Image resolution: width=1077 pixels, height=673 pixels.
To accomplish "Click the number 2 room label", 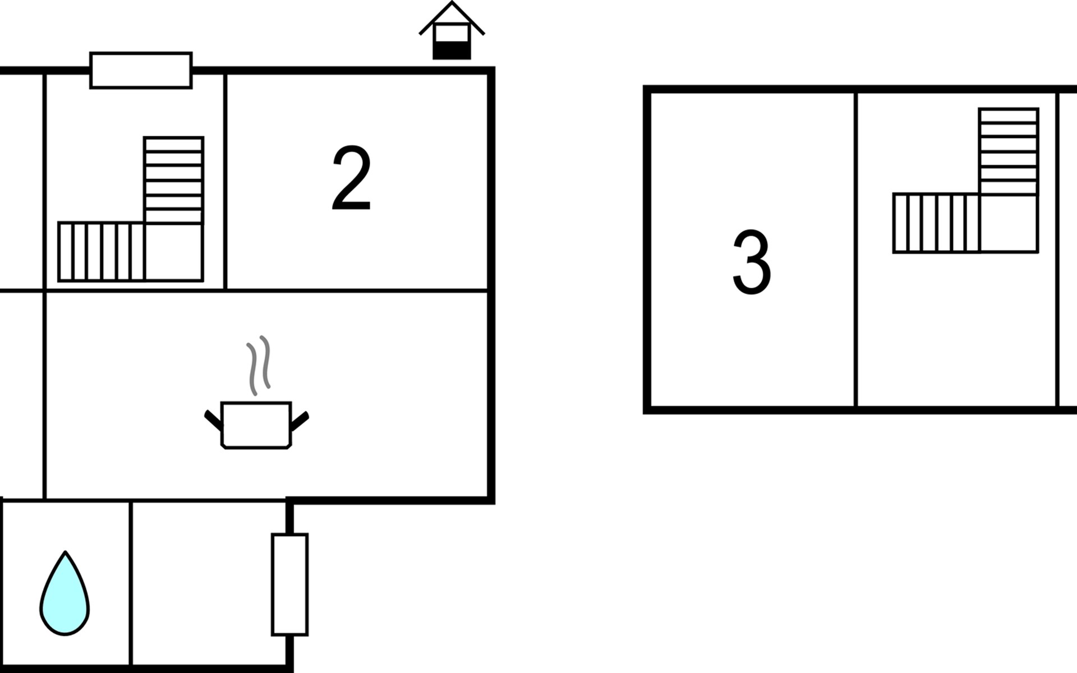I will [352, 178].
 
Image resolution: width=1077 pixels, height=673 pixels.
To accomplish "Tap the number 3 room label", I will [752, 262].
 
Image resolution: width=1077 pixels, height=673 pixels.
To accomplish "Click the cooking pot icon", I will [256, 425].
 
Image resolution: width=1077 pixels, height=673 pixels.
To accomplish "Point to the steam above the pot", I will [259, 365].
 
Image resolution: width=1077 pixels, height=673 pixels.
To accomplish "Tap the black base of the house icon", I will [452, 50].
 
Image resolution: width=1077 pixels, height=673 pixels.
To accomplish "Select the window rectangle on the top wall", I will [141, 71].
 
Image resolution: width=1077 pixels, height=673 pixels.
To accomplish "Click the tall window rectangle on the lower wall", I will [289, 584].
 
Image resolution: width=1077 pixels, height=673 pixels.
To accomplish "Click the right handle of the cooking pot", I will [300, 421].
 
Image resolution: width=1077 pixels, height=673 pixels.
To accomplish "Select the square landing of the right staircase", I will [1009, 223].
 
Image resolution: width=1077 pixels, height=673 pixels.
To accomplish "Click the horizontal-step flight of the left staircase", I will [173, 179].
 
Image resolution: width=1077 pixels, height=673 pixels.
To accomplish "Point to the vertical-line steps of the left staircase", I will [101, 251].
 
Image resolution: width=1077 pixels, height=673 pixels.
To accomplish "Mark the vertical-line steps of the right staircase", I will [936, 223].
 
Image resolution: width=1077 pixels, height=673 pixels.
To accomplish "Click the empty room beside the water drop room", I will [209, 583].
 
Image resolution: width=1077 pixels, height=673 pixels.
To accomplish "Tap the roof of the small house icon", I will [452, 14].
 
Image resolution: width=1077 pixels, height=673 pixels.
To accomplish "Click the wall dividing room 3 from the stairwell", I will [856, 250].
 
